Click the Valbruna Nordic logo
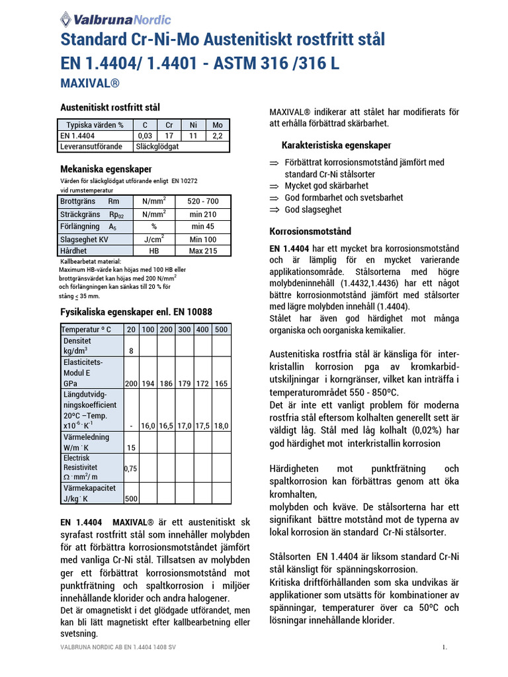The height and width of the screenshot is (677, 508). [115, 19]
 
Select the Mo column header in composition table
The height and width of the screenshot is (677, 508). [217, 125]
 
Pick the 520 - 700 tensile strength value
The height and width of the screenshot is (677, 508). [202, 201]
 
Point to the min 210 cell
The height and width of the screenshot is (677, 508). [202, 214]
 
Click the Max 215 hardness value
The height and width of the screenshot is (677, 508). [202, 251]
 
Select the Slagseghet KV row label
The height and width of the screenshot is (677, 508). [84, 239]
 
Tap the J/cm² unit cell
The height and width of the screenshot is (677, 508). [153, 239]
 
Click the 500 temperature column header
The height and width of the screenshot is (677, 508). [222, 329]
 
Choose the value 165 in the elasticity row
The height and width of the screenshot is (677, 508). [222, 383]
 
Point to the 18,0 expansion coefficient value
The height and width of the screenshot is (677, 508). [222, 426]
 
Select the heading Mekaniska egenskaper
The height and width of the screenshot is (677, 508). [106, 169]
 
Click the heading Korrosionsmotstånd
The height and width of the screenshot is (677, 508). [310, 231]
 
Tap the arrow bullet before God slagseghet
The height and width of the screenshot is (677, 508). [275, 210]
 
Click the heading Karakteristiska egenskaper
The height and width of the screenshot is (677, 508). [336, 145]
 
